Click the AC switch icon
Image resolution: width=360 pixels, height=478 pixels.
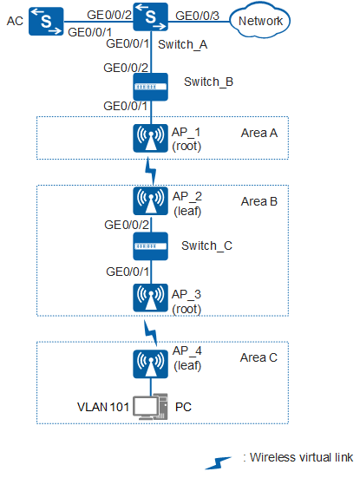[46, 22]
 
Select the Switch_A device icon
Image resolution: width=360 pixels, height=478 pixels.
[151, 16]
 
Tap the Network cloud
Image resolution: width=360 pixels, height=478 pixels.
[259, 21]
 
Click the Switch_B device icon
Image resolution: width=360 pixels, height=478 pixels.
[151, 87]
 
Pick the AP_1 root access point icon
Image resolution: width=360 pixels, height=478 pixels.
[151, 138]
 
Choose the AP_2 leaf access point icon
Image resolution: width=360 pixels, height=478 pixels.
[151, 201]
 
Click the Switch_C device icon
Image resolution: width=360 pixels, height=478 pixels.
[151, 246]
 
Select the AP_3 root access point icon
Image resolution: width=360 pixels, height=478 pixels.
[151, 298]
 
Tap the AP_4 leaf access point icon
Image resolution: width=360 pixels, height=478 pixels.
[151, 364]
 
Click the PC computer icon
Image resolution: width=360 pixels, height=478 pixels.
[151, 407]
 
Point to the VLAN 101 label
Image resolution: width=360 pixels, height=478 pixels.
[103, 407]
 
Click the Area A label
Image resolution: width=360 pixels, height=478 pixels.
[259, 134]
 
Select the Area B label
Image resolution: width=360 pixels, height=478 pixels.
[259, 201]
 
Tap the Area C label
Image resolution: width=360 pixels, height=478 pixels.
[259, 357]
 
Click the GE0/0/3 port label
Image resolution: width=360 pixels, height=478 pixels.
[197, 16]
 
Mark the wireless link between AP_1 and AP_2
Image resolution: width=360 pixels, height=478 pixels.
[151, 171]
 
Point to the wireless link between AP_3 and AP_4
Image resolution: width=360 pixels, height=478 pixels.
[151, 332]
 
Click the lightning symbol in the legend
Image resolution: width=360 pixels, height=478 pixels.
[218, 462]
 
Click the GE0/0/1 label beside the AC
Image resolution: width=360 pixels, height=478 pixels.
[89, 32]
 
